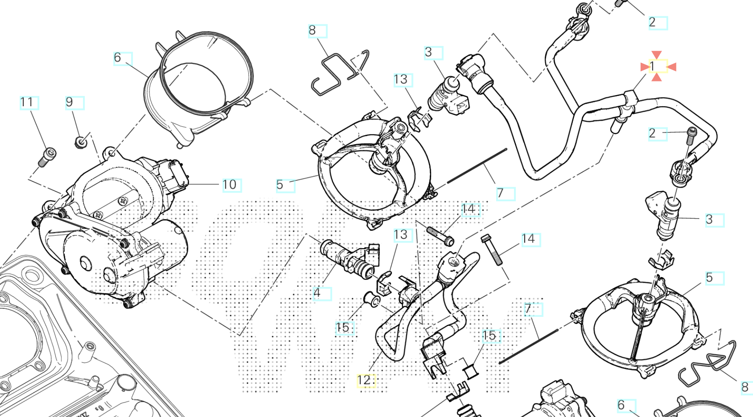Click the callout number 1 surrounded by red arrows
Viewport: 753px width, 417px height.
coord(652,67)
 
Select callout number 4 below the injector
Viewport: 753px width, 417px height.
coord(317,293)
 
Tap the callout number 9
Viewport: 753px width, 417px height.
coord(69,102)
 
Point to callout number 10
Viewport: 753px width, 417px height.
coord(230,185)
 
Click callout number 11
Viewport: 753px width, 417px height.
coord(26,102)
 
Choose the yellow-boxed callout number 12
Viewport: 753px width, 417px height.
coord(364,380)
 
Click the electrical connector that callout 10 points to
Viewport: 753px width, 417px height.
coord(175,175)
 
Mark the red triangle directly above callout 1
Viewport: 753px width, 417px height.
coord(657,55)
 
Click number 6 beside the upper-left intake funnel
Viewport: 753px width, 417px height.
coord(118,58)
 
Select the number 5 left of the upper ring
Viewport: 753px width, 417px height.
coord(280,185)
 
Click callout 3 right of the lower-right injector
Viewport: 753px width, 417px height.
coord(709,220)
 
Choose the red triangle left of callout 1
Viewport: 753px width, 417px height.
coord(645,67)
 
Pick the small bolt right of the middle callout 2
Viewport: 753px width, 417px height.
coord(691,136)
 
